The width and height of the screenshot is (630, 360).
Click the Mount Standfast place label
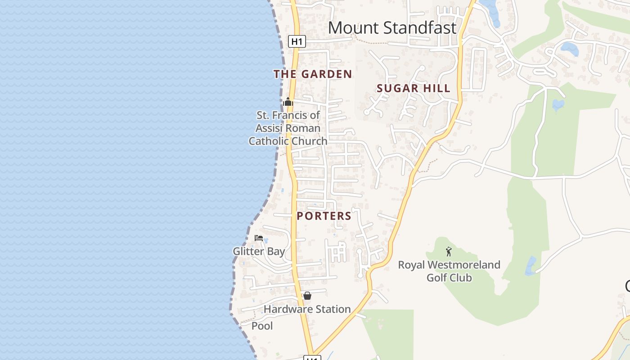(x=392, y=28)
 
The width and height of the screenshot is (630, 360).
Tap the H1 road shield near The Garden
(x=297, y=42)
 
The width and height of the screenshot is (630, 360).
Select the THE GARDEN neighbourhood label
(x=313, y=74)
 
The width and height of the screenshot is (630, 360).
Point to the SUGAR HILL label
(x=414, y=88)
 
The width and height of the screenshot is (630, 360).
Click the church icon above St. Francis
(x=288, y=102)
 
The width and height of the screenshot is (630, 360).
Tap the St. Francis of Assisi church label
(x=288, y=128)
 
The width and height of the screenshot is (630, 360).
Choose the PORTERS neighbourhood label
(x=324, y=216)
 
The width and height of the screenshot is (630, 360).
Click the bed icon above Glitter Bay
(x=259, y=238)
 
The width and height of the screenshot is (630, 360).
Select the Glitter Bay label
(x=259, y=251)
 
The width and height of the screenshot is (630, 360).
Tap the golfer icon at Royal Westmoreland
(x=449, y=252)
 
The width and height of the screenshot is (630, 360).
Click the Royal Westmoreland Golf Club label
(x=449, y=271)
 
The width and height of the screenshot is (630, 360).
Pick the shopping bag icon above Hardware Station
(x=307, y=296)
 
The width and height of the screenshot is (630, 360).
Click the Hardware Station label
(x=307, y=309)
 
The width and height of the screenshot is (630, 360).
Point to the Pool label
(x=262, y=326)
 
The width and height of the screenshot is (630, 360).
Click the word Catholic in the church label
(x=269, y=141)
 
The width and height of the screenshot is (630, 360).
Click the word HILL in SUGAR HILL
(x=436, y=88)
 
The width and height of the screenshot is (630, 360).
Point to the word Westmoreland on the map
(x=463, y=265)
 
